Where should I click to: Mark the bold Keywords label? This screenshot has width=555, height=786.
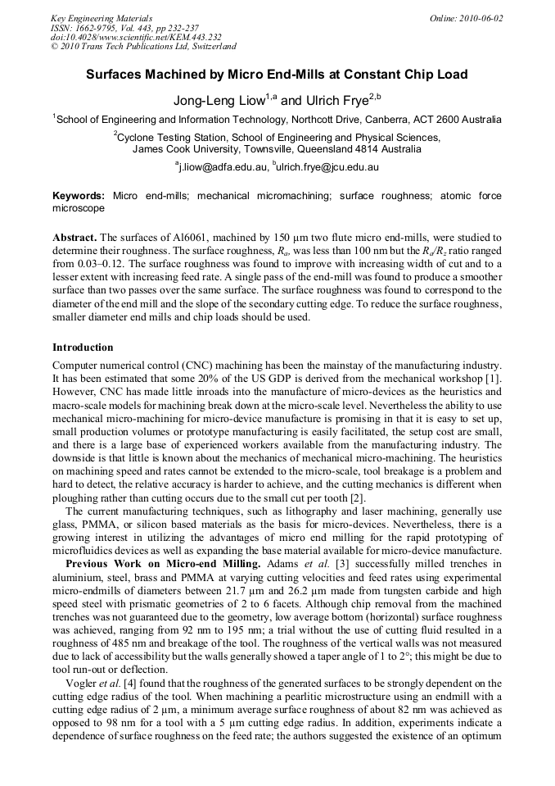click(79, 197)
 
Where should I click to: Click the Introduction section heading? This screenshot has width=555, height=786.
click(83, 347)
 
